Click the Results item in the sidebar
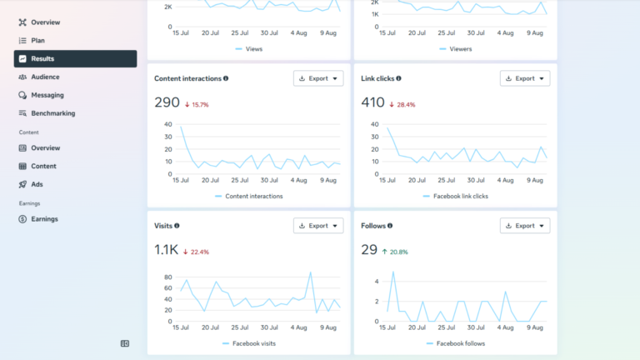(75, 59)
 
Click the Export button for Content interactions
(318, 78)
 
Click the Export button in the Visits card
(318, 226)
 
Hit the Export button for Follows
(525, 226)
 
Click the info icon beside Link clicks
(399, 78)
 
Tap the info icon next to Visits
(177, 226)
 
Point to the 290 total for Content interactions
(167, 102)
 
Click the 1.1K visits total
(166, 249)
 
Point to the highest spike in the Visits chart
(311, 272)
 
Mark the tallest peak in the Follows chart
(393, 272)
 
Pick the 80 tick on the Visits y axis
(168, 277)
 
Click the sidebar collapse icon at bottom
(125, 343)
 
